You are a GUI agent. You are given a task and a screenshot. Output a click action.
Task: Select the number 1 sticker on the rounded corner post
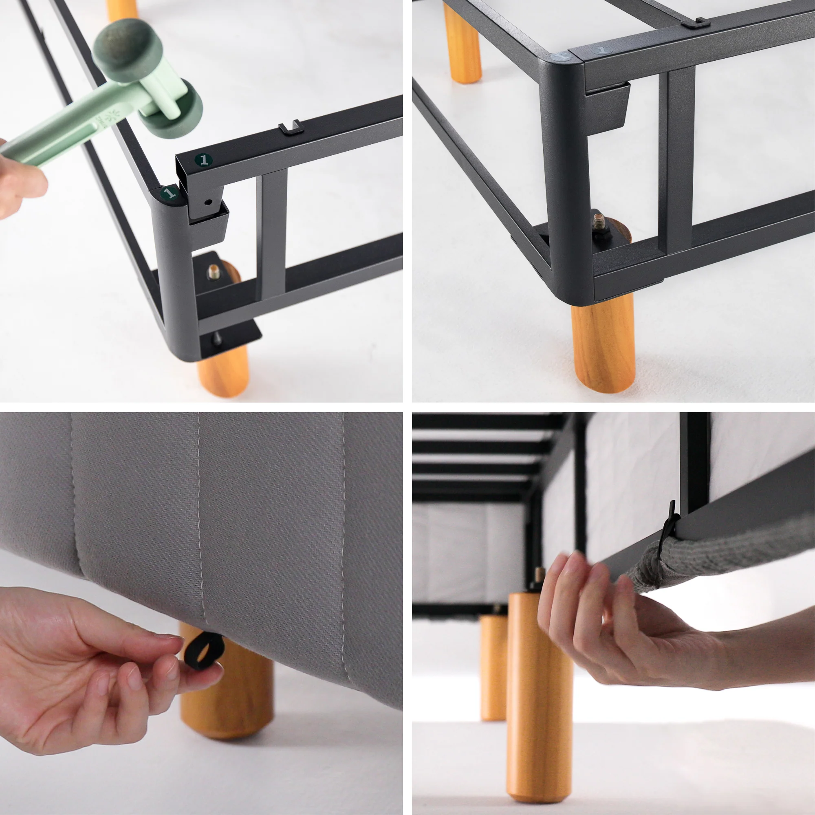click(x=169, y=193)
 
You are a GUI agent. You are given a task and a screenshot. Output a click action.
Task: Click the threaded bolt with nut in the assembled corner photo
click(x=599, y=223)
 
